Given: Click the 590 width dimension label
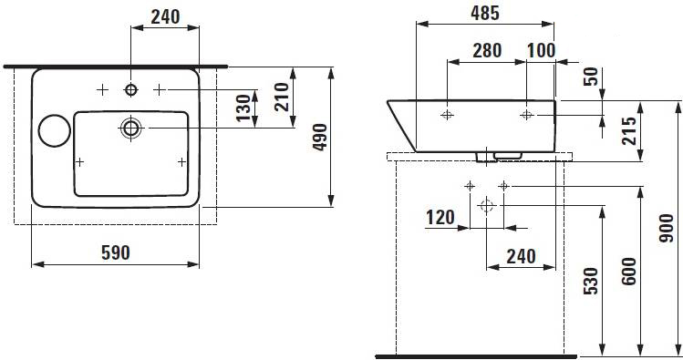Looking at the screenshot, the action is pyautogui.click(x=116, y=252).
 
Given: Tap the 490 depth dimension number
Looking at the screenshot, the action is pyautogui.click(x=320, y=137).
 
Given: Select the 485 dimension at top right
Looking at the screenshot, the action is pyautogui.click(x=485, y=13).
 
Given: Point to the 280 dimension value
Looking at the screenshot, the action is pyautogui.click(x=487, y=50).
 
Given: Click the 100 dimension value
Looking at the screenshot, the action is pyautogui.click(x=541, y=50).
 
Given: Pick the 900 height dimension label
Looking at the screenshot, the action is pyautogui.click(x=666, y=228).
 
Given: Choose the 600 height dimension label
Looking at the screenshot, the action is pyautogui.click(x=628, y=272).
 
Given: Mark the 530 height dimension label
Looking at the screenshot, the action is pyautogui.click(x=590, y=281).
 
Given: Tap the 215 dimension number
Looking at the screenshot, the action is pyautogui.click(x=628, y=131).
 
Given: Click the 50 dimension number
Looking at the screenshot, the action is pyautogui.click(x=591, y=77).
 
